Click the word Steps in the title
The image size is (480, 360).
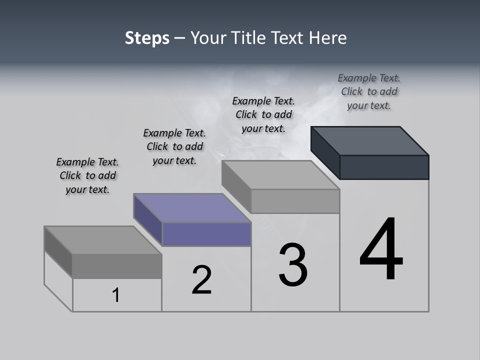(147, 38)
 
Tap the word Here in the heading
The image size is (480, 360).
(327, 38)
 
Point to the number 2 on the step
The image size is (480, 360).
(202, 279)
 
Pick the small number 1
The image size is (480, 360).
(116, 295)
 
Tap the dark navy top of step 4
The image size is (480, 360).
(369, 140)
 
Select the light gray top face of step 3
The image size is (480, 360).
(280, 174)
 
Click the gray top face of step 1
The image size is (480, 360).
(103, 239)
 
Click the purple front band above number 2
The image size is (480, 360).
(206, 234)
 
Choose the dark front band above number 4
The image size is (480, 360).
(384, 167)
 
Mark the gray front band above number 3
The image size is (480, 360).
(295, 201)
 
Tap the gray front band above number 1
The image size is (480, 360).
(117, 266)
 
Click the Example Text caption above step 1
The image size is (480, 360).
(87, 175)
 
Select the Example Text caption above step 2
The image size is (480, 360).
(174, 146)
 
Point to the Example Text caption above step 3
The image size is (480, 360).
(263, 114)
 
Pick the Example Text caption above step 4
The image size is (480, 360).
(369, 91)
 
